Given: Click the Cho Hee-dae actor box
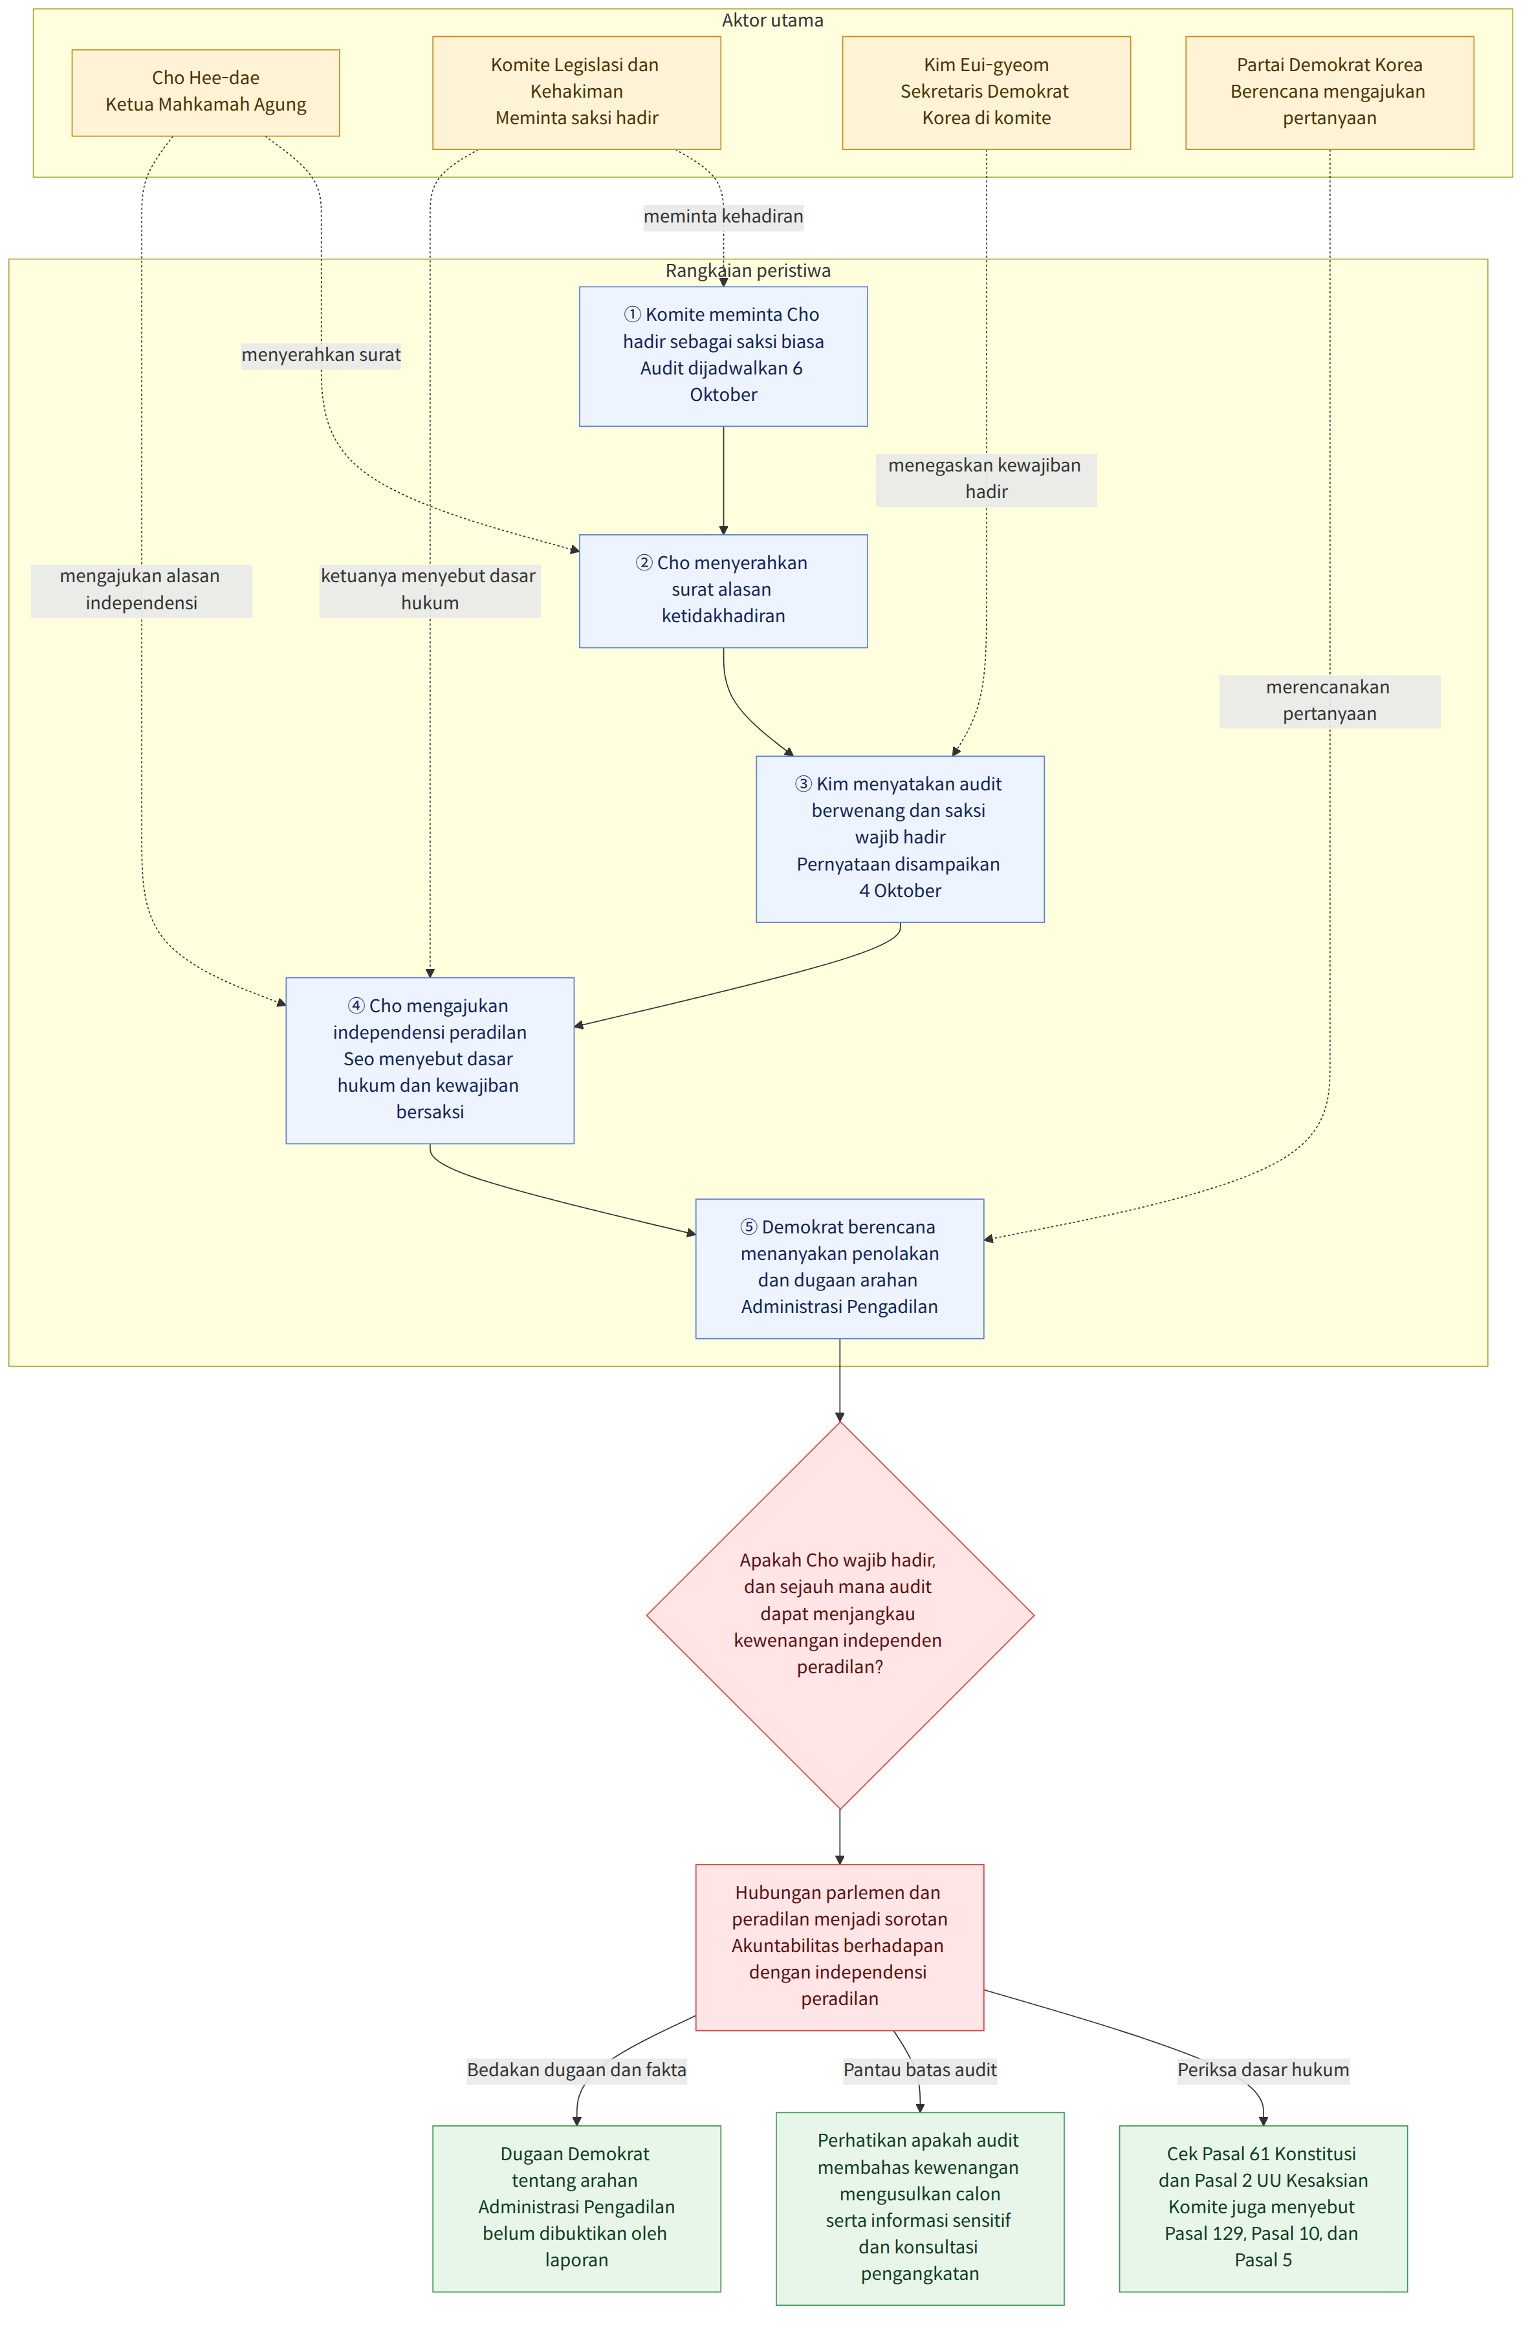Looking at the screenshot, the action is (x=206, y=92).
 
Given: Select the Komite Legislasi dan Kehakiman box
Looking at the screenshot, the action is (x=576, y=92).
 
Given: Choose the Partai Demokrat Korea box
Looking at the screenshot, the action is (x=1330, y=92).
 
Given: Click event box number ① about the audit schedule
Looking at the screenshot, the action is (x=723, y=356).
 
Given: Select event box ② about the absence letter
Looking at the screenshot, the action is (x=723, y=591).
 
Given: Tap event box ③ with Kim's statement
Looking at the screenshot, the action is (x=899, y=838).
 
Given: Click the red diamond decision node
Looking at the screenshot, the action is (x=840, y=1614).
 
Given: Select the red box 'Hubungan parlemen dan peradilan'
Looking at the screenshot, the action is (x=840, y=1946).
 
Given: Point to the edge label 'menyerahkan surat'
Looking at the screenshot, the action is (x=322, y=354).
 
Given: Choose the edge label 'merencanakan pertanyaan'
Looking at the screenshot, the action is (x=1330, y=700).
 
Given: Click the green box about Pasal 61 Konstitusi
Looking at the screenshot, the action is (x=1263, y=2207).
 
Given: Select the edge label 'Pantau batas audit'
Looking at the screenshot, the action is (x=920, y=2070).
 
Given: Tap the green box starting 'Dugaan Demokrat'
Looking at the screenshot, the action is (x=576, y=2207).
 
